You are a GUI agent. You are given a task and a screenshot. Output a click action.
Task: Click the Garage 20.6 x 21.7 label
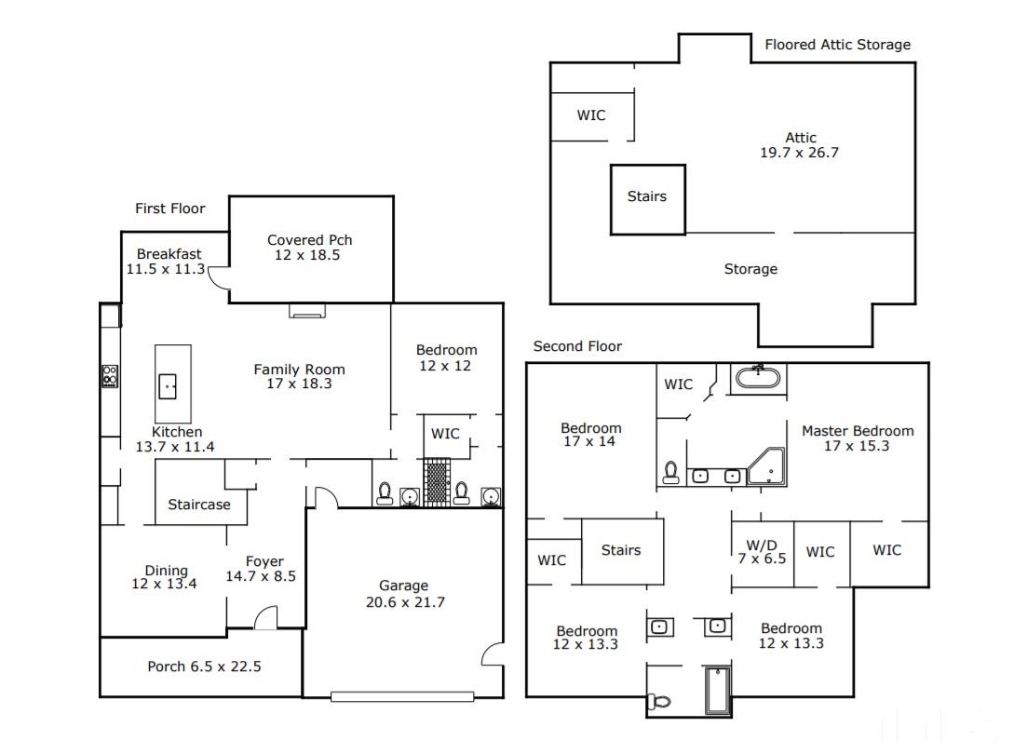[405, 594]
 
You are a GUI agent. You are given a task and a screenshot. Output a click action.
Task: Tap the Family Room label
[299, 370]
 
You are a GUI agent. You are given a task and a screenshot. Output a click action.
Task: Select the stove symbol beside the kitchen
[110, 376]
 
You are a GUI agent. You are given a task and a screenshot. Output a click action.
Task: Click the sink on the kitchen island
[168, 386]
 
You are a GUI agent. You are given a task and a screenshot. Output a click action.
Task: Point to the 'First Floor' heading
[170, 209]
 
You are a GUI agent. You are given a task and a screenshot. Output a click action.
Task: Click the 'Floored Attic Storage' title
[837, 45]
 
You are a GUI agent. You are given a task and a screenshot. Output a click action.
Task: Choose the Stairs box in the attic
[647, 199]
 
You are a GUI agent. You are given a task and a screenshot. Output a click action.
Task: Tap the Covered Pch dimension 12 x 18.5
[307, 255]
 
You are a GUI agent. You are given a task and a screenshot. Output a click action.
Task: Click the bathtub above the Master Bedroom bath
[758, 377]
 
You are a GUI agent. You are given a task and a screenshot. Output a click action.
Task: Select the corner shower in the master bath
[767, 467]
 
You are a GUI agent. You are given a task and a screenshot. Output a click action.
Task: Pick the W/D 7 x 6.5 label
[762, 552]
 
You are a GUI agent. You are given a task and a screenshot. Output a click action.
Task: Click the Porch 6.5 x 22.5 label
[204, 666]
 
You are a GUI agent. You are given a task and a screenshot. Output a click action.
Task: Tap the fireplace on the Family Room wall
[307, 310]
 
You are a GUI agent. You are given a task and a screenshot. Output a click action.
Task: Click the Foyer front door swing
[265, 617]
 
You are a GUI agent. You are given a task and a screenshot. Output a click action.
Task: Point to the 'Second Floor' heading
[577, 346]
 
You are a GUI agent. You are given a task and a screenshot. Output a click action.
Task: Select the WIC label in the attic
[591, 115]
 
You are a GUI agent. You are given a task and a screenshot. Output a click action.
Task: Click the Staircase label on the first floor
[199, 505]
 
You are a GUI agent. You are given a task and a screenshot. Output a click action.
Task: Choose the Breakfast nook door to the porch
[219, 278]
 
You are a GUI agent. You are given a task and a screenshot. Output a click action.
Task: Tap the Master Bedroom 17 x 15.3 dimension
[857, 446]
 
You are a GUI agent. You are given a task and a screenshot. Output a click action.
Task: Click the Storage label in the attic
[750, 269]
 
